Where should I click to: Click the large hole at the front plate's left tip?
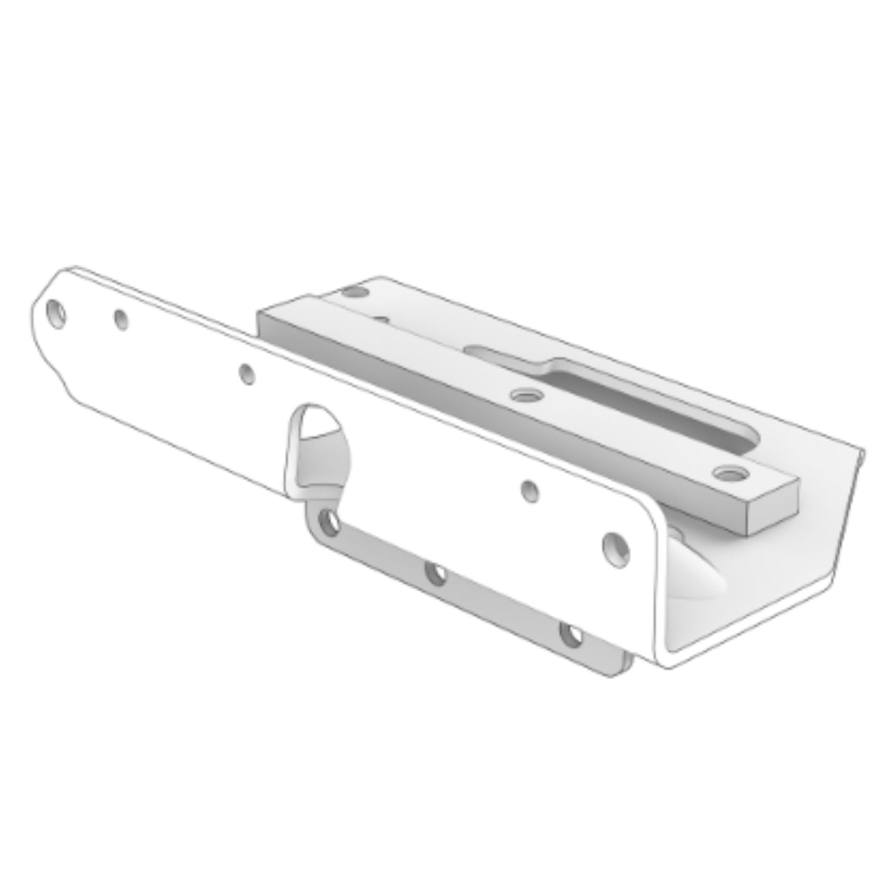pos(57,314)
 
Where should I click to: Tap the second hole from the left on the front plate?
pos(121,319)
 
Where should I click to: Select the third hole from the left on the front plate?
pos(247,374)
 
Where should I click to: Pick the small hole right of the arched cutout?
pos(530,491)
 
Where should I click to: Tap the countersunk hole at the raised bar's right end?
pos(730,473)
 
